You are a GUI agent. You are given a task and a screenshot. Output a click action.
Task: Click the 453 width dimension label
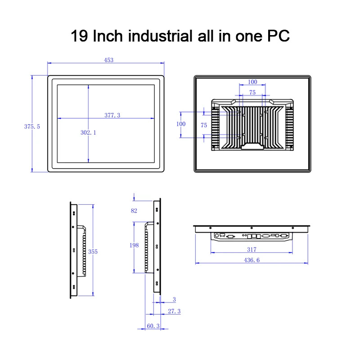click(x=108, y=60)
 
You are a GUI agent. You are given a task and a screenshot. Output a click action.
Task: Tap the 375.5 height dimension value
click(x=32, y=126)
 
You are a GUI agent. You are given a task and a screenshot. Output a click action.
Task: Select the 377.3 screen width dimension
click(x=112, y=115)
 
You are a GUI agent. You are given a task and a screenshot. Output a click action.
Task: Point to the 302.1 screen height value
click(x=88, y=132)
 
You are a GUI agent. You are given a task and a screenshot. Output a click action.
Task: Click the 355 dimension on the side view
click(x=93, y=252)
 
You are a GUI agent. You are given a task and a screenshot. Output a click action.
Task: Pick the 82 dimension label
click(x=134, y=211)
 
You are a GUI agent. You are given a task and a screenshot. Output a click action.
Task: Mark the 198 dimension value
click(x=134, y=245)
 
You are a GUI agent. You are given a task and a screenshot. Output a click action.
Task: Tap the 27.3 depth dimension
click(x=174, y=311)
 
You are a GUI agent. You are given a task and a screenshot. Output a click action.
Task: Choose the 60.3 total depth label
click(x=153, y=326)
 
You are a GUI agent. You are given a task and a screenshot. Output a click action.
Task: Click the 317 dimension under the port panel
click(x=252, y=250)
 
